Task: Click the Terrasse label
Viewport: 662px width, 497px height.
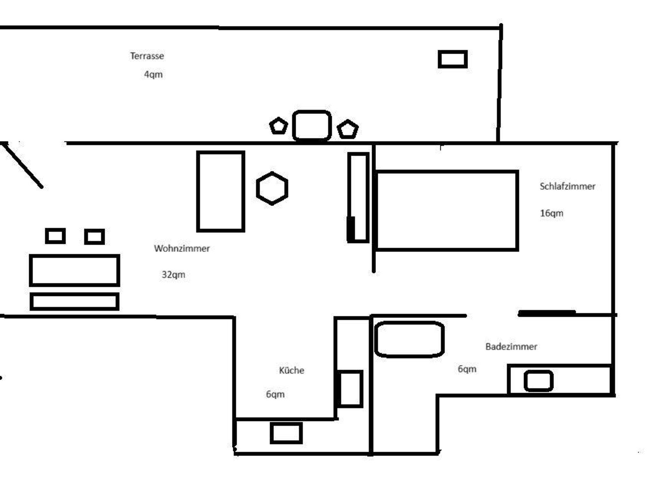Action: [147, 56]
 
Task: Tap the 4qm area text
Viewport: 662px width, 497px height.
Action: [153, 75]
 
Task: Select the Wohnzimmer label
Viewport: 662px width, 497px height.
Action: [182, 248]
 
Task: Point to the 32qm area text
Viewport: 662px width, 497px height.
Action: [174, 275]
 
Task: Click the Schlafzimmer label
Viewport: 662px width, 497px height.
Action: [568, 186]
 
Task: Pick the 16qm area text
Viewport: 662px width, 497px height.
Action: [552, 213]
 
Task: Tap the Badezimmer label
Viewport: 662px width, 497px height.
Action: [511, 346]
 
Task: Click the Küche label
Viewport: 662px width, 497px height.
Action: [292, 370]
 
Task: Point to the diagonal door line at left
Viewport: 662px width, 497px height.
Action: [22, 165]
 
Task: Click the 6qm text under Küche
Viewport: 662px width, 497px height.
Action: [275, 394]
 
